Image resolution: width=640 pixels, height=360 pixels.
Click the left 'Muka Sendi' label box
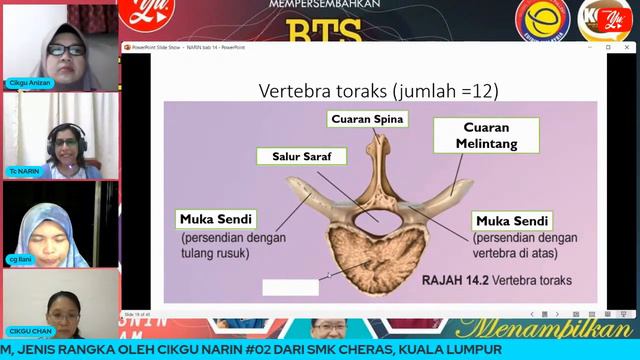tap(216, 219)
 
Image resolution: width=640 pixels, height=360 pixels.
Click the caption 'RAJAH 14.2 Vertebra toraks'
tap(496, 281)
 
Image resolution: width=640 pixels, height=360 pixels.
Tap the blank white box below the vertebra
tap(290, 287)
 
